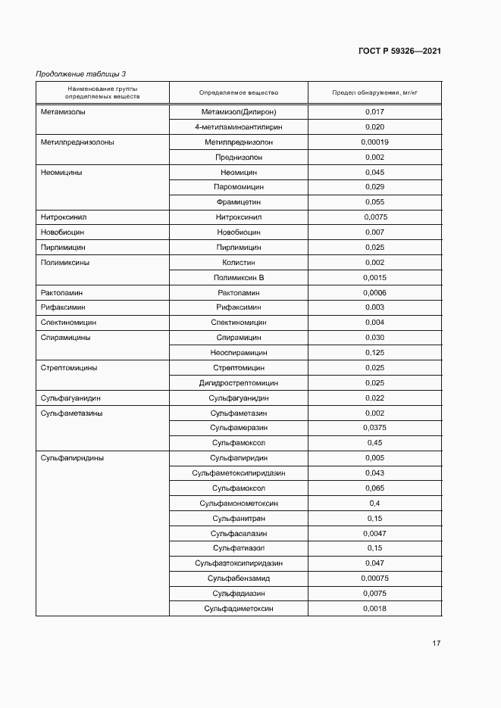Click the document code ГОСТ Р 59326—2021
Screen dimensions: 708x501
(x=399, y=51)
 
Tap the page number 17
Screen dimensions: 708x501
(x=436, y=644)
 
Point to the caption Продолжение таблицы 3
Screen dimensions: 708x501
(x=81, y=73)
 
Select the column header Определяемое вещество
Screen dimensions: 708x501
(x=239, y=93)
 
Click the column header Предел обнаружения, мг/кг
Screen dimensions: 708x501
(x=374, y=93)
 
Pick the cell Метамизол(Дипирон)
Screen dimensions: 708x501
(x=239, y=112)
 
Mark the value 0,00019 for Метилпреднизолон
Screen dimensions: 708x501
(x=374, y=142)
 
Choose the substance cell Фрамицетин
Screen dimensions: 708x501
(x=239, y=202)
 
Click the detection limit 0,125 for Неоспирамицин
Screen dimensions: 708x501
(x=374, y=353)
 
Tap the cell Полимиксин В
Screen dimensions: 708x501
(x=239, y=278)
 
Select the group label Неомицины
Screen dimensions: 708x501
(x=61, y=173)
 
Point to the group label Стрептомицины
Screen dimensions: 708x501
(x=68, y=368)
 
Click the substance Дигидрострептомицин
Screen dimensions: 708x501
(x=239, y=383)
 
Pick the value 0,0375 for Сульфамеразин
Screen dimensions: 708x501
(x=374, y=428)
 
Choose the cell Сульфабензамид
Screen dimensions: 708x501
(x=239, y=579)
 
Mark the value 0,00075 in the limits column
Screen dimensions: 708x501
(x=374, y=579)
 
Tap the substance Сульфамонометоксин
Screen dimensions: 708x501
(x=239, y=504)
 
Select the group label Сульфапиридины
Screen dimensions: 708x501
(x=72, y=458)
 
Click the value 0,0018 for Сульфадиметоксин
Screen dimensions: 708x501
(x=374, y=609)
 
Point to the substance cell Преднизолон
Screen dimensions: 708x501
(x=239, y=158)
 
